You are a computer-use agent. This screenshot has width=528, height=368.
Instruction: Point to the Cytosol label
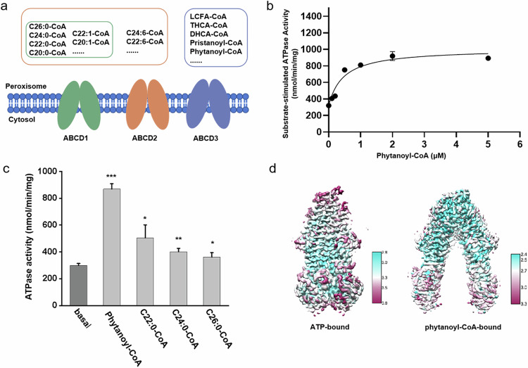[x=20, y=120]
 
